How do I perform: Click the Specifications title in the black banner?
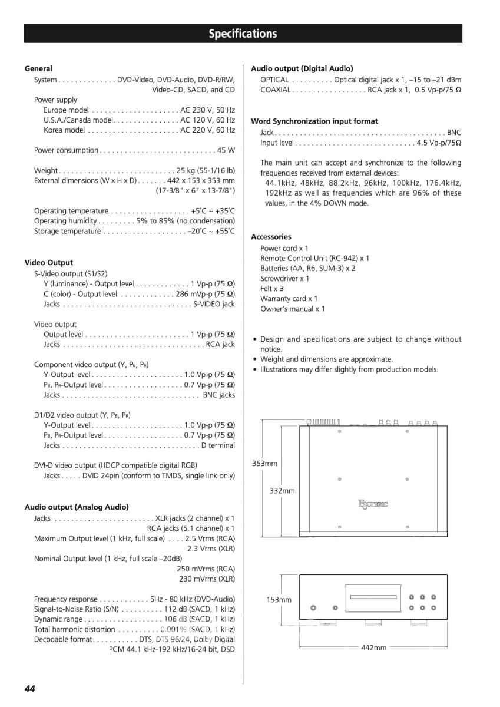coord(243,34)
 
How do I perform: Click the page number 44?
coord(30,688)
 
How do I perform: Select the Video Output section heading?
coord(49,263)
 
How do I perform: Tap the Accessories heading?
coord(271,237)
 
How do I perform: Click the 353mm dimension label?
coord(264,463)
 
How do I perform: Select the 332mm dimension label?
coord(282,490)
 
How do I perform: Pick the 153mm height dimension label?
coord(279,600)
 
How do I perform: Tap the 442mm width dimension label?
coord(373,647)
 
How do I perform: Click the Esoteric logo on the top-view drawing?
coord(373,504)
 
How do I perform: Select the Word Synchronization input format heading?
coord(314,121)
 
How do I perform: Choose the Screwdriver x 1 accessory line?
coord(284,279)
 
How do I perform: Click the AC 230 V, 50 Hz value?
coord(207,110)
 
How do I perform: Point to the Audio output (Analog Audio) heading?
coord(77,507)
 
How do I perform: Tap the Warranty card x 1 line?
coord(289,299)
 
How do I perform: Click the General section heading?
coord(38,69)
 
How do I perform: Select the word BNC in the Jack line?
coord(453,133)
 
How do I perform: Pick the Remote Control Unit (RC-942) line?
coord(315,259)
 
